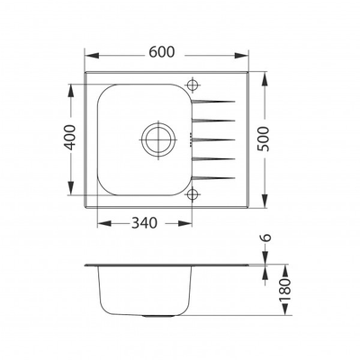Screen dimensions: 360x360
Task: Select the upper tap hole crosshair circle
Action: pos(192,85)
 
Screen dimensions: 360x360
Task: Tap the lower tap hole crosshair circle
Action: pos(192,193)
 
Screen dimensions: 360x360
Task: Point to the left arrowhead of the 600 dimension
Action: pos(90,54)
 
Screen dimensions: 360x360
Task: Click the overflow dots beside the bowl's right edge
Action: pos(191,139)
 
